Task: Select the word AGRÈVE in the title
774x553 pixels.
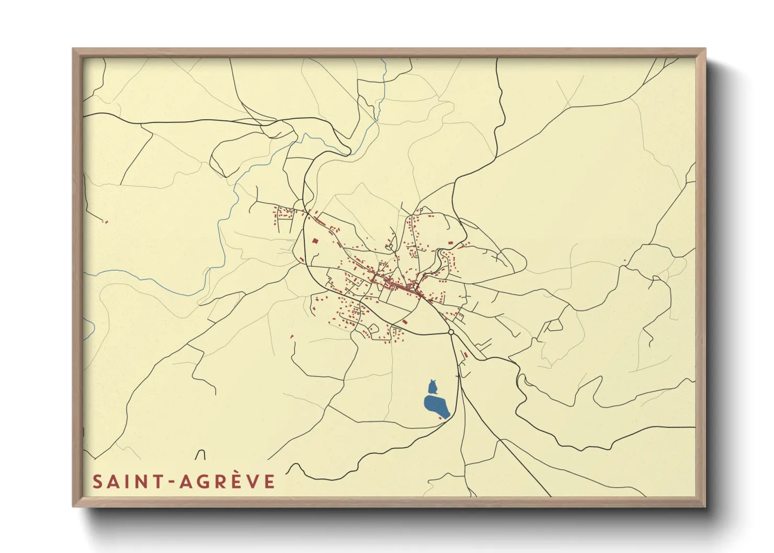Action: coord(227,481)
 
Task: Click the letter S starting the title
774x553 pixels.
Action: coord(97,481)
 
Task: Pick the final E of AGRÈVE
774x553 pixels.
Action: coord(269,481)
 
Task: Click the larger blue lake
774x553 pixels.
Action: coord(436,406)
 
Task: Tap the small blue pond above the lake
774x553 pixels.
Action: coord(432,387)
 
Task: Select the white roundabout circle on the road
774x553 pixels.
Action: coord(451,332)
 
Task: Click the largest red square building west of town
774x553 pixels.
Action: coord(315,240)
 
